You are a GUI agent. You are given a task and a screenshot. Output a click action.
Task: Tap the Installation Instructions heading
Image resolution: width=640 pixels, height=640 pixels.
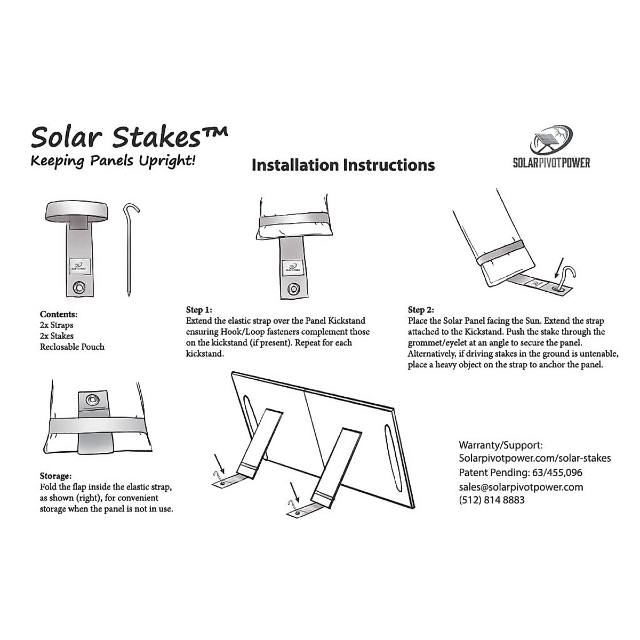pyautogui.click(x=343, y=165)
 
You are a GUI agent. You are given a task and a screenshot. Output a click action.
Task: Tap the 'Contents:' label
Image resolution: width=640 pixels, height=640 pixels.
pyautogui.click(x=59, y=314)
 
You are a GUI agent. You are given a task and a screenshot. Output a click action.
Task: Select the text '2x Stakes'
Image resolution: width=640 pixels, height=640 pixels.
pyautogui.click(x=57, y=335)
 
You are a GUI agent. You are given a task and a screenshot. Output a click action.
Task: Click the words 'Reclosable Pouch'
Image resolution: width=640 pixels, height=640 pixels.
pyautogui.click(x=72, y=347)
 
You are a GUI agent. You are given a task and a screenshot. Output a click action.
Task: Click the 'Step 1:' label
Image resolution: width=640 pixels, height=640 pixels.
pyautogui.click(x=199, y=309)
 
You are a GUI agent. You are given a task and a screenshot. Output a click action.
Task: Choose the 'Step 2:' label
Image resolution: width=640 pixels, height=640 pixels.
pyautogui.click(x=421, y=309)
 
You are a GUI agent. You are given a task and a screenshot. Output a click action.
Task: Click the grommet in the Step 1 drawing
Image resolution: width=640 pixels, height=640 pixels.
pyautogui.click(x=293, y=289)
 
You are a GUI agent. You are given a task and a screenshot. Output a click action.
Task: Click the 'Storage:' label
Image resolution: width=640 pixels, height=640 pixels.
pyautogui.click(x=55, y=476)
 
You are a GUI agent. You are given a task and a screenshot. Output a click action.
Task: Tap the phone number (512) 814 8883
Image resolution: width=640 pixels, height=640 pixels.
pyautogui.click(x=491, y=500)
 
